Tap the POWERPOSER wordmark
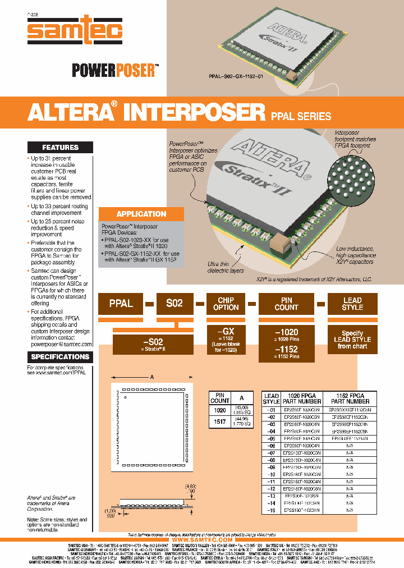(114, 70)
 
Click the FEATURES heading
(61, 148)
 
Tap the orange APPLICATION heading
(141, 214)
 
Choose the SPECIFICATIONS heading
(60, 357)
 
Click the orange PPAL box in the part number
(121, 304)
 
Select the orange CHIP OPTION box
(226, 304)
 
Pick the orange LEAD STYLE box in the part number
(352, 304)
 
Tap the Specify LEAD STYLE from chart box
(352, 340)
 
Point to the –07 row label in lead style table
(272, 452)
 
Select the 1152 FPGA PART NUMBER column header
(350, 398)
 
